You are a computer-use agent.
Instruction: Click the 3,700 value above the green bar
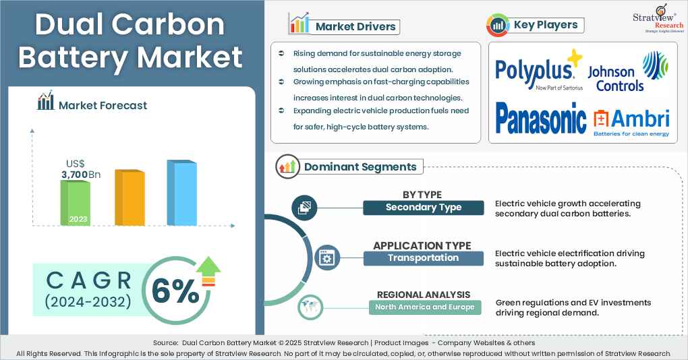click(76, 175)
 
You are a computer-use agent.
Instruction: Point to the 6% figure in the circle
click(175, 291)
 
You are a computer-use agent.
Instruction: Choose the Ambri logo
click(631, 122)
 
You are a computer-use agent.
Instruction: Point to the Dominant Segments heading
click(360, 167)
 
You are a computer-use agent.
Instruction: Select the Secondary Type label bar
click(424, 208)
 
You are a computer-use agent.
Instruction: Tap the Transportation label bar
click(424, 258)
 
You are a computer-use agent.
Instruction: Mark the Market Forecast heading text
click(103, 104)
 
